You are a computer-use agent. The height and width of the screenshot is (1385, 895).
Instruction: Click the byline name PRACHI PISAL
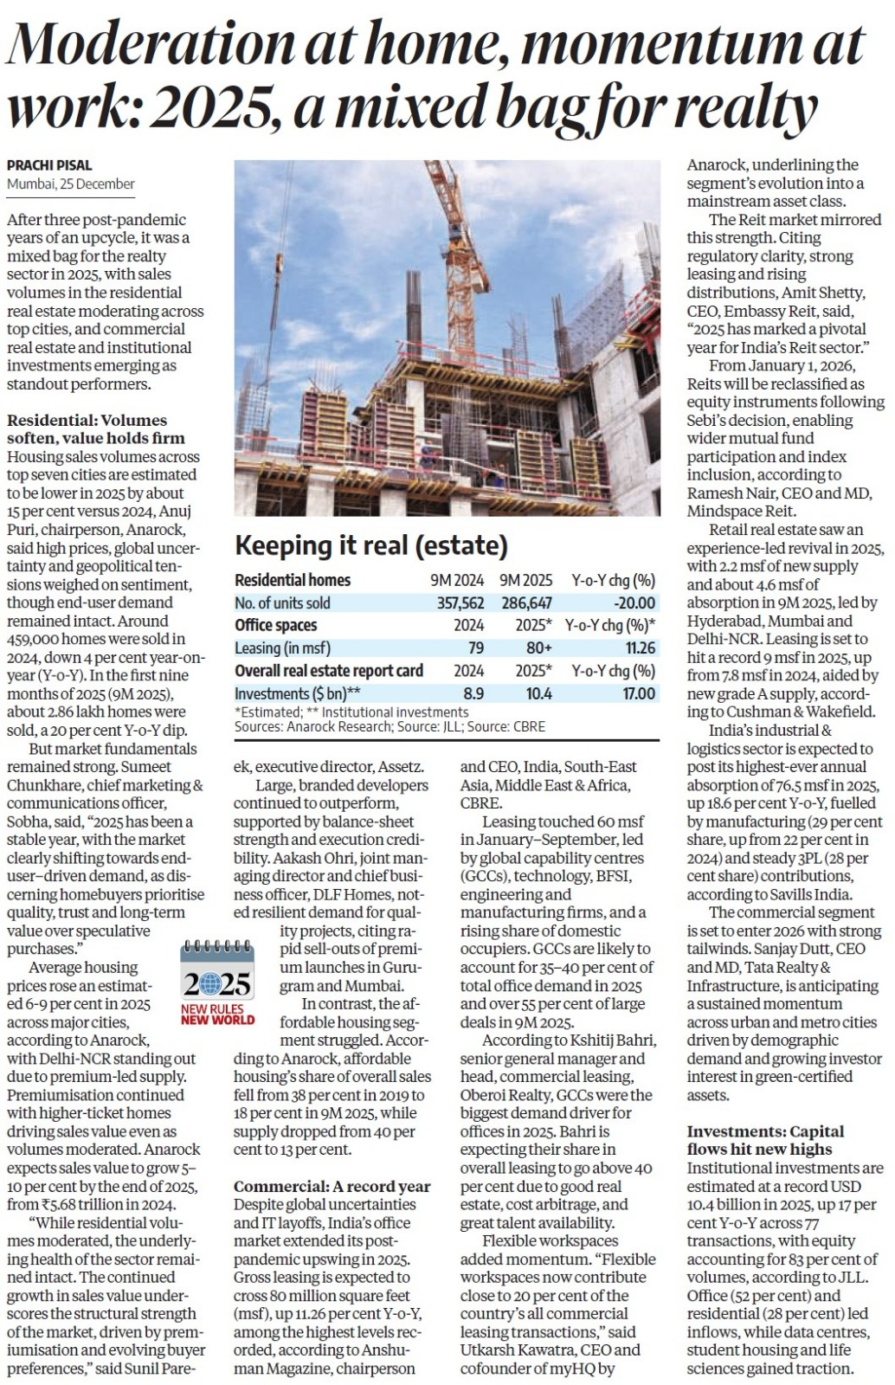pyautogui.click(x=49, y=164)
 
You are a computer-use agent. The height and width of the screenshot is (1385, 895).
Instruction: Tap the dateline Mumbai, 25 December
pyautogui.click(x=71, y=184)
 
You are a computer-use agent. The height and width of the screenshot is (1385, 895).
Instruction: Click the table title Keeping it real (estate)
pyautogui.click(x=371, y=545)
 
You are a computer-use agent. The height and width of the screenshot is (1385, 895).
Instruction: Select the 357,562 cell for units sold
pyautogui.click(x=460, y=603)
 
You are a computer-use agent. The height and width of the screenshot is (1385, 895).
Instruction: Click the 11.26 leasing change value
pyautogui.click(x=641, y=648)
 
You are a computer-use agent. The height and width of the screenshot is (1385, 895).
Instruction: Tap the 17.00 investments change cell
pyautogui.click(x=639, y=694)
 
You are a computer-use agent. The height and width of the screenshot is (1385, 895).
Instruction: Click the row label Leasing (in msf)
pyautogui.click(x=282, y=648)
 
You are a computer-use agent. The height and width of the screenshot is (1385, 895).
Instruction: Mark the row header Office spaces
pyautogui.click(x=276, y=625)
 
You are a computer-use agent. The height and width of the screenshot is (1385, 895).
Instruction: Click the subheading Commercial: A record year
pyautogui.click(x=332, y=1186)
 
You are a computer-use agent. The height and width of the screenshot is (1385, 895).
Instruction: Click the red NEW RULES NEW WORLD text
pyautogui.click(x=217, y=1015)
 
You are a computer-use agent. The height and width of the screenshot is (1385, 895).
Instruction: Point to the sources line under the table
pyautogui.click(x=390, y=727)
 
